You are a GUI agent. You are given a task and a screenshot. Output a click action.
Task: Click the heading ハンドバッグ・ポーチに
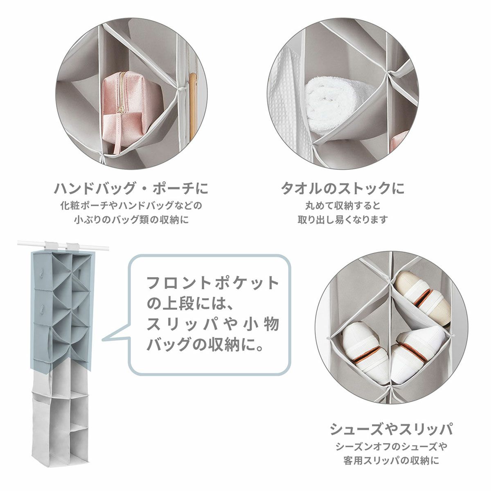pyautogui.click(x=131, y=189)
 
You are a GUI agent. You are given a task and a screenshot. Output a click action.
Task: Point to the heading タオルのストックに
pyautogui.click(x=343, y=189)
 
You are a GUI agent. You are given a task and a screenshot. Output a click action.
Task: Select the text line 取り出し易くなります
pyautogui.click(x=343, y=220)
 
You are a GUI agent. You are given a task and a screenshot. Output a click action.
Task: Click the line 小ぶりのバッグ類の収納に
pyautogui.click(x=131, y=220)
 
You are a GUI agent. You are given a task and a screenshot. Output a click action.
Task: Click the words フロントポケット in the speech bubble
pyautogui.click(x=213, y=283)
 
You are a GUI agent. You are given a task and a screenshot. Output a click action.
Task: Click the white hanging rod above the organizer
pyautogui.click(x=63, y=245)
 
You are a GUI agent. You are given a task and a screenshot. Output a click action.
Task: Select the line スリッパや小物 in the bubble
pyautogui.click(x=213, y=324)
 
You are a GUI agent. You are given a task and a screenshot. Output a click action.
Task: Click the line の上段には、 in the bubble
pyautogui.click(x=190, y=303)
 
